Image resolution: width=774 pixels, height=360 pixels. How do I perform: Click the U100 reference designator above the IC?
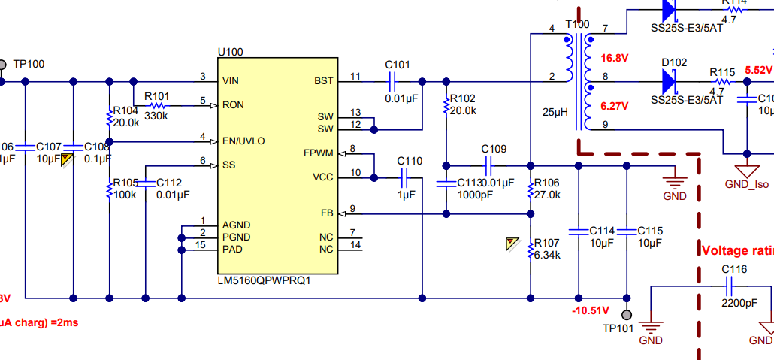(230, 52)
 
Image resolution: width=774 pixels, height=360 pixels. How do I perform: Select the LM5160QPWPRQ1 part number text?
(264, 280)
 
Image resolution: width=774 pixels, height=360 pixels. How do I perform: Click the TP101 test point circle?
(627, 315)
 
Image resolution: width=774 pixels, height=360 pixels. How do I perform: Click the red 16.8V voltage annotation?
(614, 58)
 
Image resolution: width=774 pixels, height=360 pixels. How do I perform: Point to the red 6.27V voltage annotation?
(614, 106)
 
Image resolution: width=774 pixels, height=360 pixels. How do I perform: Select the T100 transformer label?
(577, 24)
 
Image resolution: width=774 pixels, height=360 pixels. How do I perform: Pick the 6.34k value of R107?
(547, 256)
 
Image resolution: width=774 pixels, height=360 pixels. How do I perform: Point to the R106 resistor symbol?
(531, 188)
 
